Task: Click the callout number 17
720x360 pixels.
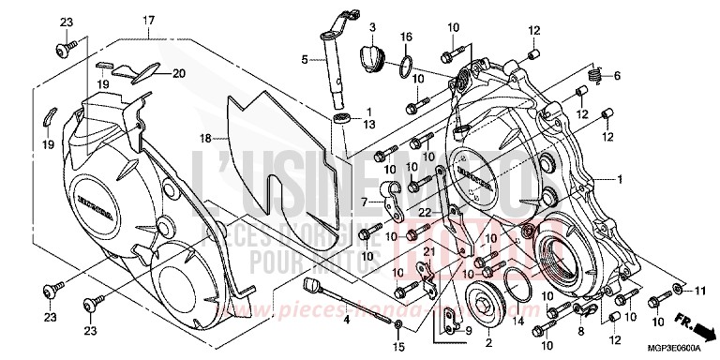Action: coord(148,20)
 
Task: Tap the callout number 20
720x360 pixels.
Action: coord(178,73)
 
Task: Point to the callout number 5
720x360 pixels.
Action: coord(304,61)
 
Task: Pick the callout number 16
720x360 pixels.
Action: coord(406,37)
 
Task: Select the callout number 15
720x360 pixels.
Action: coord(398,348)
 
